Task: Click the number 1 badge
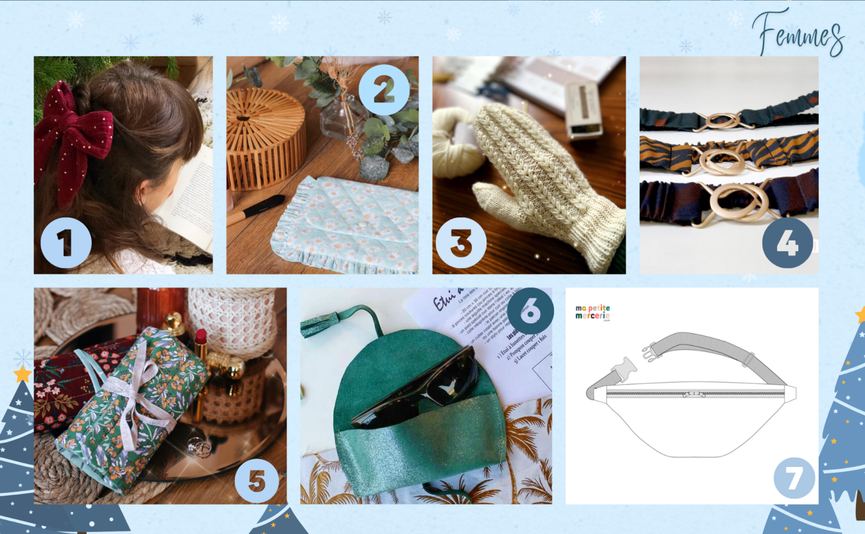click(x=66, y=243)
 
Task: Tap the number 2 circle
click(x=384, y=90)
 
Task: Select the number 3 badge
click(x=461, y=243)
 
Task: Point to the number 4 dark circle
click(x=787, y=243)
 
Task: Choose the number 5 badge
click(x=257, y=480)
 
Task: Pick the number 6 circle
click(x=530, y=310)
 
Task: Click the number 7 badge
click(x=794, y=478)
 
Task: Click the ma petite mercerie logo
click(x=592, y=312)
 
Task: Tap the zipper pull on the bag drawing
click(x=693, y=394)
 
